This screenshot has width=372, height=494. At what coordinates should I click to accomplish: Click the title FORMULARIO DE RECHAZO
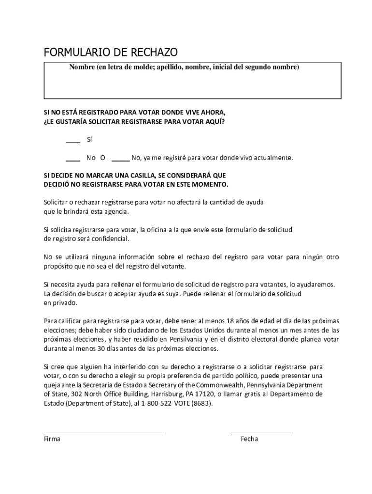pyautogui.click(x=111, y=52)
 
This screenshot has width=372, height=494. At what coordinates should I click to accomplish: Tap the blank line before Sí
pyautogui.click(x=73, y=142)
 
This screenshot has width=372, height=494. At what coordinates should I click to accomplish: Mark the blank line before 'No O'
pyautogui.click(x=73, y=160)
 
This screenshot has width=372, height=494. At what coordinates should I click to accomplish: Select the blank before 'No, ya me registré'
pyautogui.click(x=120, y=160)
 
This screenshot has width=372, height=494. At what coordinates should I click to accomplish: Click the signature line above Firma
pyautogui.click(x=103, y=432)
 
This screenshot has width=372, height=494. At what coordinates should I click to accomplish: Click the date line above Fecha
pyautogui.click(x=261, y=432)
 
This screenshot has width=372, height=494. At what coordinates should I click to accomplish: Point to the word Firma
pyautogui.click(x=52, y=439)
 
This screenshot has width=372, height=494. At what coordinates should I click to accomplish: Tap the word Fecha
pyautogui.click(x=249, y=439)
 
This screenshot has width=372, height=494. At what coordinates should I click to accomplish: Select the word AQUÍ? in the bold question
pyautogui.click(x=214, y=122)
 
